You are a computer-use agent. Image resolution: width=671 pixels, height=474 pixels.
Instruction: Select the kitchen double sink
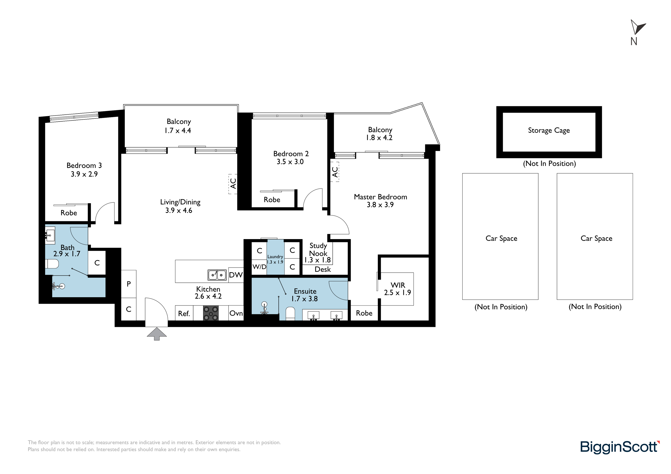[217, 275]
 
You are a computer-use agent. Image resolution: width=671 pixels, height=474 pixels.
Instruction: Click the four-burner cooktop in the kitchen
[211, 313]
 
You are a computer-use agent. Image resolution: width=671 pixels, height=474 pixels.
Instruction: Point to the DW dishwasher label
[236, 275]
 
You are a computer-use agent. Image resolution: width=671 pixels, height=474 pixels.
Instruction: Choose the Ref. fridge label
[184, 314]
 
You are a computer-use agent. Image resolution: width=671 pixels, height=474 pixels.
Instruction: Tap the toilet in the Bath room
[52, 264]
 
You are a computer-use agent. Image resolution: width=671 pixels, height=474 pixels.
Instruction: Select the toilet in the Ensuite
[290, 314]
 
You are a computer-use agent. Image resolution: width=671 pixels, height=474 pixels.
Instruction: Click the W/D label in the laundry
[259, 267]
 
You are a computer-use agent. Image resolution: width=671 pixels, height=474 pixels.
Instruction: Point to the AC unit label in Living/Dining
[233, 183]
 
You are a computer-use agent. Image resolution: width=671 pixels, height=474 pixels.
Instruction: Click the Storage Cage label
[549, 130]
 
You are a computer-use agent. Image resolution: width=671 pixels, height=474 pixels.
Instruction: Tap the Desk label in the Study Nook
[323, 269]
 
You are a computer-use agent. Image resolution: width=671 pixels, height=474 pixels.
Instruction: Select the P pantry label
[129, 284]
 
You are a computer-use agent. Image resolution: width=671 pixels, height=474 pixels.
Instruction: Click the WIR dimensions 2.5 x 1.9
[397, 293]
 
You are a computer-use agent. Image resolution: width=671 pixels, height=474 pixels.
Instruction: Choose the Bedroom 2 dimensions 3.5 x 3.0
[290, 162]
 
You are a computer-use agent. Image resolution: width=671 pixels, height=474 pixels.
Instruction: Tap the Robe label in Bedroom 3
[69, 213]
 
